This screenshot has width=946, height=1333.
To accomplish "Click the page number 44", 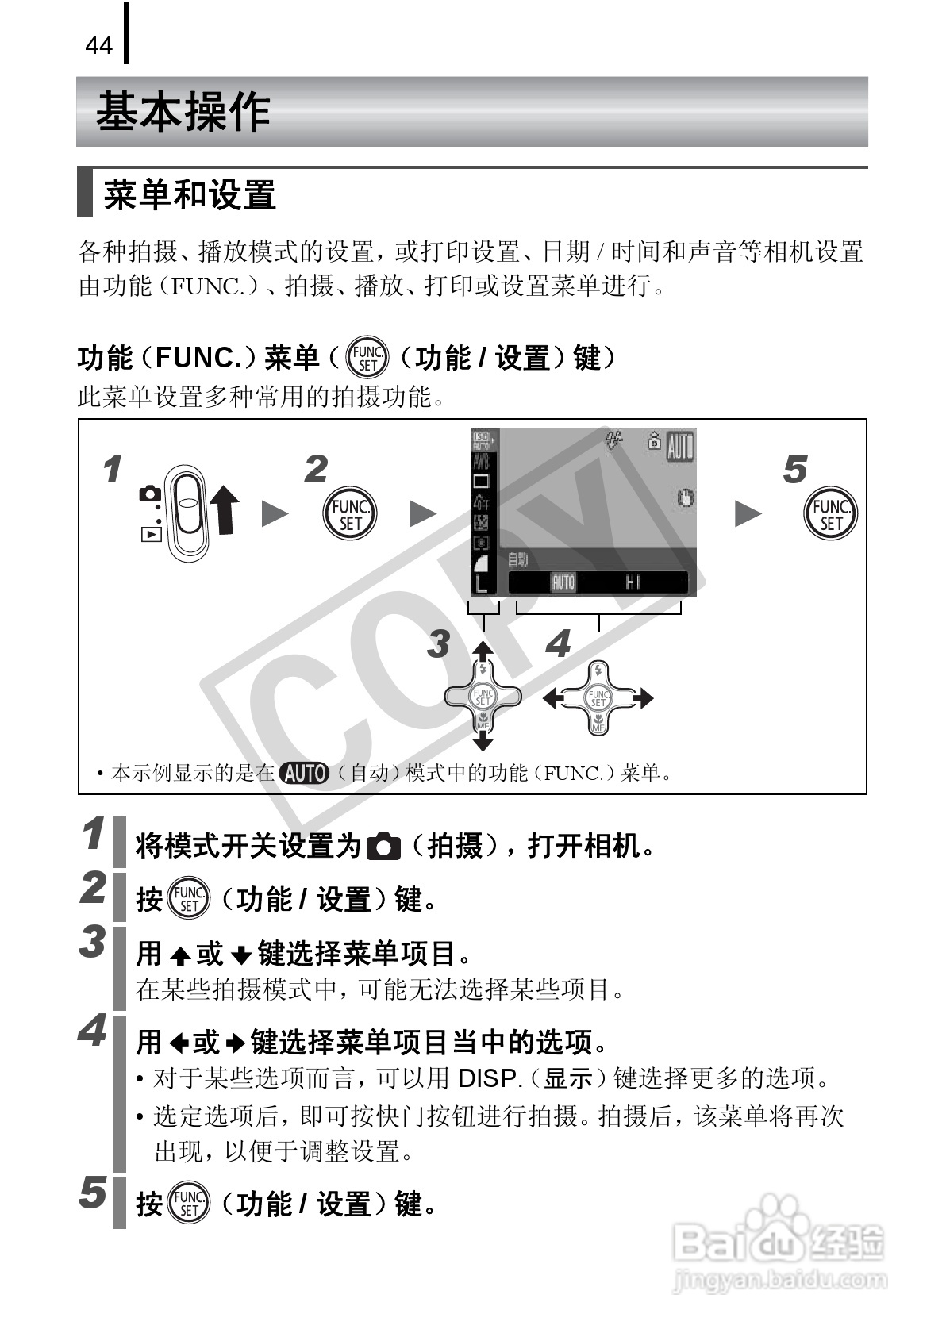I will coord(98,46).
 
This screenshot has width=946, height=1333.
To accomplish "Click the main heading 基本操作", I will coord(183,112).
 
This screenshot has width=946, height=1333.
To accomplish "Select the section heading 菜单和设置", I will coord(190,195).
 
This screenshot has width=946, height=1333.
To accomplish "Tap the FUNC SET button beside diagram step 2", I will coord(350,514).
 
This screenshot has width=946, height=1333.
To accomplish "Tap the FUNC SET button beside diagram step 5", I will coord(830,514).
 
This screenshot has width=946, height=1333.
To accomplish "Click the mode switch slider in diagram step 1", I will coord(188,512).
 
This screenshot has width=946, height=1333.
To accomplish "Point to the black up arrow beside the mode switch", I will coord(225,509).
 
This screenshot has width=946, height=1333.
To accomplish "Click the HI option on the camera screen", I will coord(633,583).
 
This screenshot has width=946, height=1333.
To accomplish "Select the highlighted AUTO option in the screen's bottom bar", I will coord(563,583).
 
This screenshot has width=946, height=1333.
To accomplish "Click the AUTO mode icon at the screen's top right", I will coord(680,447).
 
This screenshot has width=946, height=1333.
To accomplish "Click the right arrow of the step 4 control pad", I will coord(644,698).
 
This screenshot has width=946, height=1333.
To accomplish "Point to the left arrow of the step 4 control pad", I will coord(552,698).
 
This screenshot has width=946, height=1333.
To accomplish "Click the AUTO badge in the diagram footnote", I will coord(305,773).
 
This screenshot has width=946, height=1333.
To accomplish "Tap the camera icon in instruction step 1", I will coord(385,847).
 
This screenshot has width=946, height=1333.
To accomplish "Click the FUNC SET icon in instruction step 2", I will coord(189,899).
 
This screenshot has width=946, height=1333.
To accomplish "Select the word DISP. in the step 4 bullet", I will coord(490,1078).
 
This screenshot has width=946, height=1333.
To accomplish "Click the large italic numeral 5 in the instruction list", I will coord(93,1193).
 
